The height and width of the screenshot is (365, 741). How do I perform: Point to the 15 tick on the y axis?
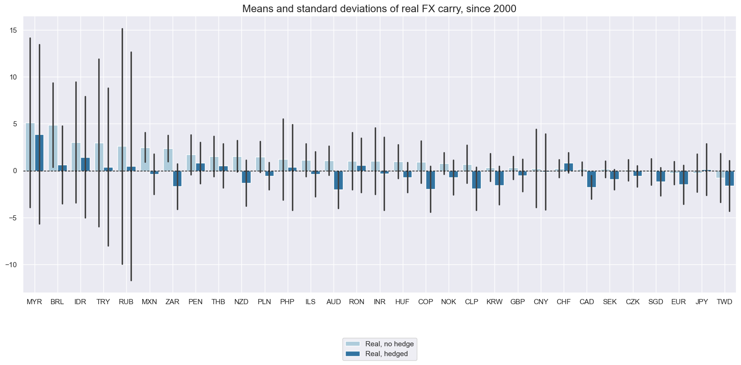[13, 30]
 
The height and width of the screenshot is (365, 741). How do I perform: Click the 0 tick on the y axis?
[15, 171]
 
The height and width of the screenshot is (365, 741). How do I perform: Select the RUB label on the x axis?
[126, 302]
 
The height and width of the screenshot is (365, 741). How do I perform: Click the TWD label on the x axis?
[725, 302]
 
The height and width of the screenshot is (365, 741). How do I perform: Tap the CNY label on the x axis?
[541, 302]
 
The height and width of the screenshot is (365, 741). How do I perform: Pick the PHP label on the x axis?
[287, 302]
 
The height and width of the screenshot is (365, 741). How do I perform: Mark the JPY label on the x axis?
[702, 302]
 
